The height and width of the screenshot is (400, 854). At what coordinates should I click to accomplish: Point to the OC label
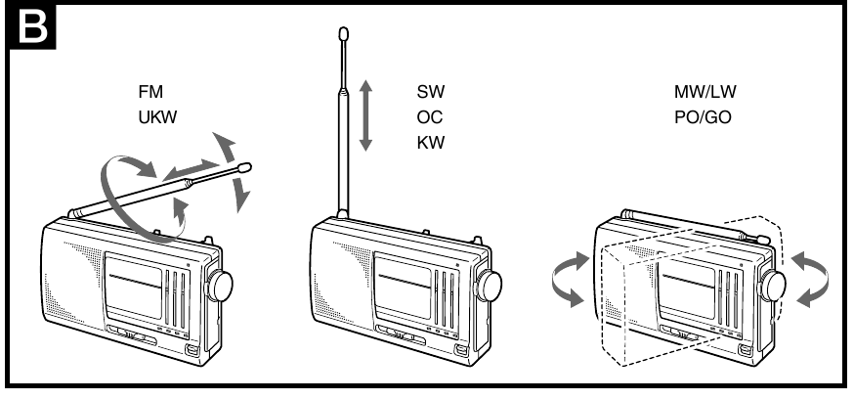(430, 117)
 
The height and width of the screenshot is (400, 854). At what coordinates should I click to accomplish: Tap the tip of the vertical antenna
(342, 34)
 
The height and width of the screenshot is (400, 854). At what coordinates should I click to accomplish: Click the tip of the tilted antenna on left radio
(244, 167)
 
